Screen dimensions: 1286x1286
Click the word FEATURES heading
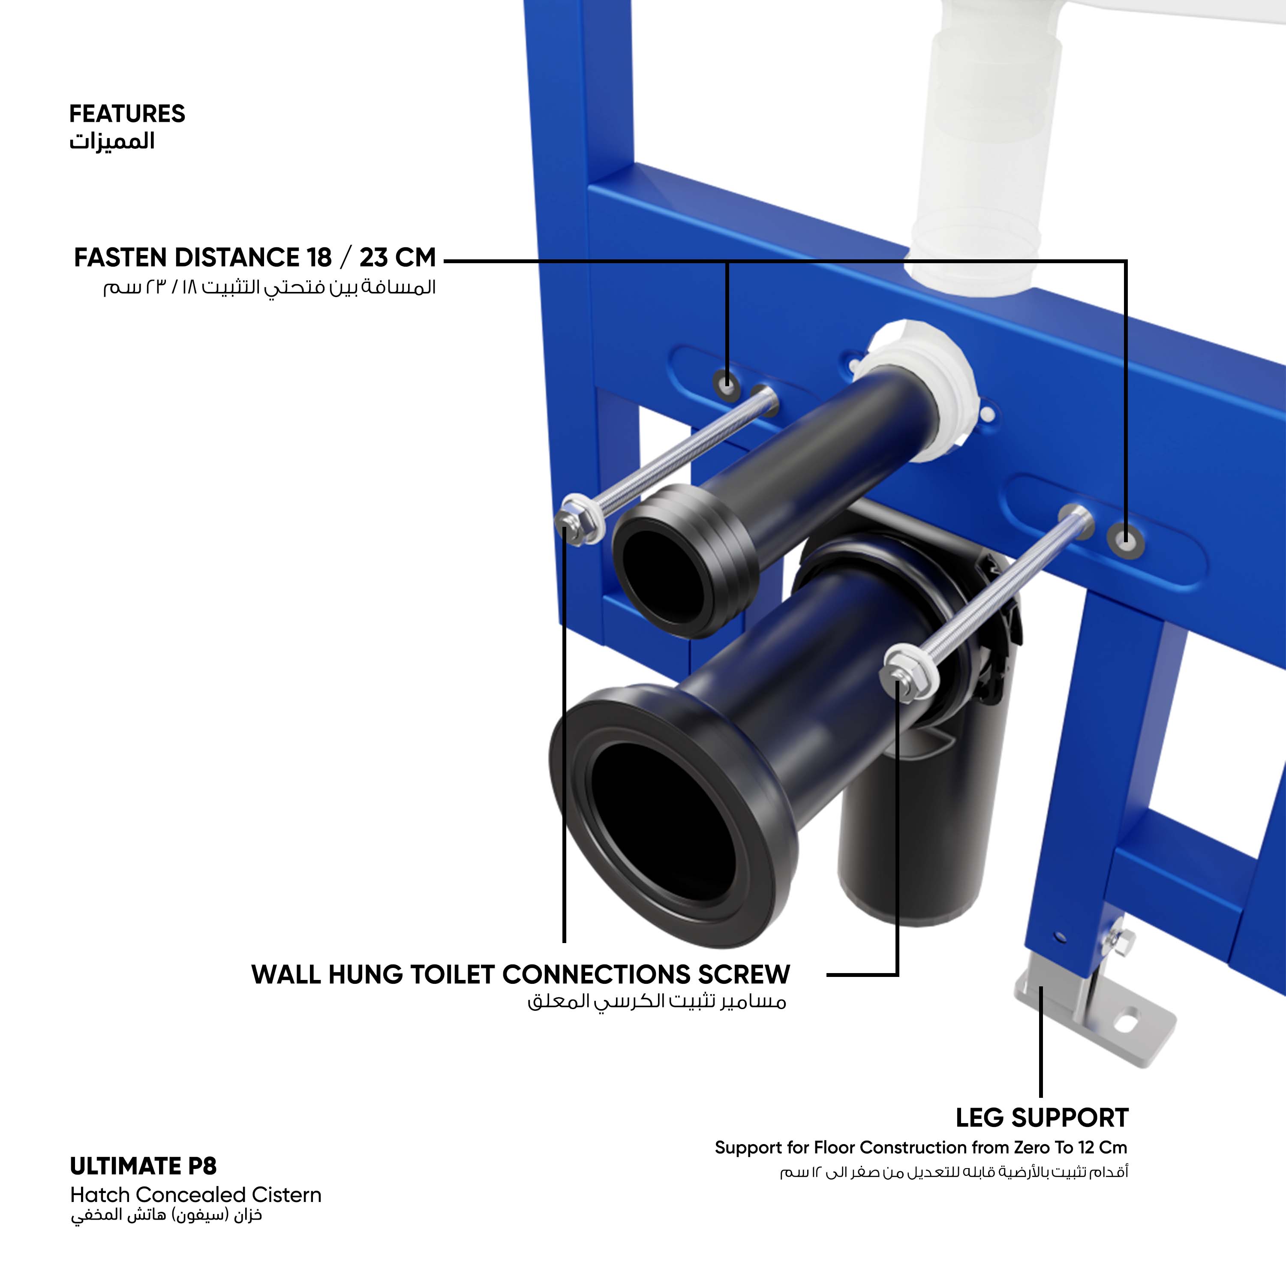(127, 114)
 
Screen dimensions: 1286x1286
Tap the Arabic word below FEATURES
(112, 141)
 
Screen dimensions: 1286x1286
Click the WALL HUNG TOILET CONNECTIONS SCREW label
(520, 974)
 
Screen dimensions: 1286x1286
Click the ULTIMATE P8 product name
(143, 1166)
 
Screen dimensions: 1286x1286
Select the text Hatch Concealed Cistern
(196, 1195)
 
